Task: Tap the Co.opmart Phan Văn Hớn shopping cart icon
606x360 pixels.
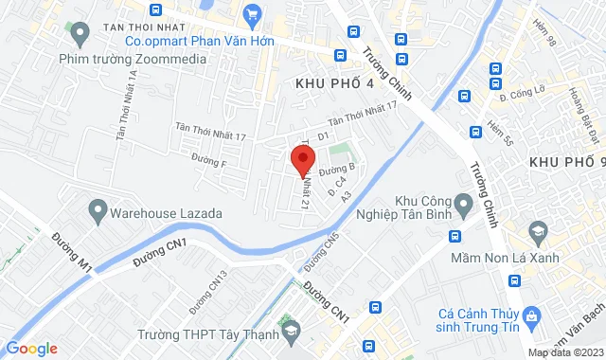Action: [x=252, y=13]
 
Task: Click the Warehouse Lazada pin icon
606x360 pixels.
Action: [x=96, y=207]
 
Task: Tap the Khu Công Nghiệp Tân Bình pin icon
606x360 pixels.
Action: [x=463, y=202]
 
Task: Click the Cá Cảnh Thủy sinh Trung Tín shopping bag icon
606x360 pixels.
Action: [x=532, y=314]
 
